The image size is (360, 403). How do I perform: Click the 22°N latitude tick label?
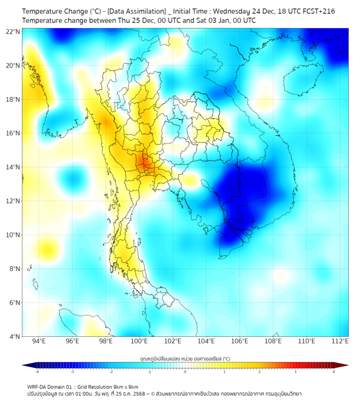click(13, 31)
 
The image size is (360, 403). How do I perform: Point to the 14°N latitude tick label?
click(13, 167)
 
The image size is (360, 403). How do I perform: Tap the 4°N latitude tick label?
click(14, 336)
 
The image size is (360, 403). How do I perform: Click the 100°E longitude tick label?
click(139, 342)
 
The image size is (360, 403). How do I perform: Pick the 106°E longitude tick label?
click(240, 342)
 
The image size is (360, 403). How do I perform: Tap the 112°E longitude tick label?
click(340, 342)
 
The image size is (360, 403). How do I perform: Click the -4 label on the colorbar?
click(36, 372)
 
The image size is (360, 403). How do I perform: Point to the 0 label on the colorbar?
click(185, 372)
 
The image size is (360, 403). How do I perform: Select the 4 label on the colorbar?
click(334, 372)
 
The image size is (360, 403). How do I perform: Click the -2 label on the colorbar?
click(110, 372)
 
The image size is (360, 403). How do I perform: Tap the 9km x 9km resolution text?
click(124, 387)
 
